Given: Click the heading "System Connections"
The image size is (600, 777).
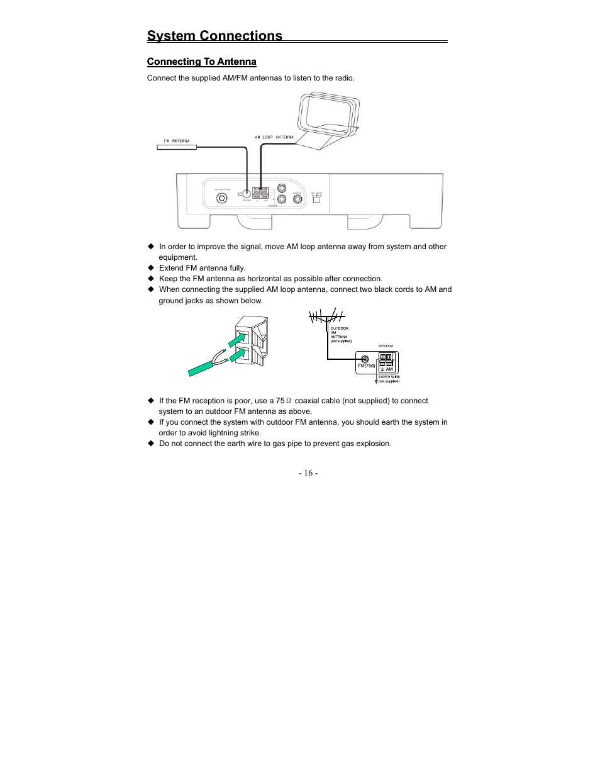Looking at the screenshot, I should pyautogui.click(x=214, y=36).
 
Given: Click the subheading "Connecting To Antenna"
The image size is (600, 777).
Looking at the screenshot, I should pyautogui.click(x=201, y=62).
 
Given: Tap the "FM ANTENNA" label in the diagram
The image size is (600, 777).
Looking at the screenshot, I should pyautogui.click(x=177, y=141).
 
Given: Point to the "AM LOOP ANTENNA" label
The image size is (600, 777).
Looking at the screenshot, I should pyautogui.click(x=274, y=137).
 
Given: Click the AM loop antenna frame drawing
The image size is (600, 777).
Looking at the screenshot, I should pyautogui.click(x=327, y=116).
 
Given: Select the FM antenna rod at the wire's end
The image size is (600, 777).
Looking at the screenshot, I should pyautogui.click(x=177, y=147).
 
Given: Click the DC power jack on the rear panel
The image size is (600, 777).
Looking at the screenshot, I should pyautogui.click(x=316, y=199).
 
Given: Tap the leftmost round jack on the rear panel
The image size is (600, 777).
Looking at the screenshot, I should pyautogui.click(x=221, y=198).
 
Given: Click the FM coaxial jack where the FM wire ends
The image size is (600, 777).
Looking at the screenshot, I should pyautogui.click(x=247, y=195).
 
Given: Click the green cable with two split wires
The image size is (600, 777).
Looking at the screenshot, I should pyautogui.click(x=204, y=367).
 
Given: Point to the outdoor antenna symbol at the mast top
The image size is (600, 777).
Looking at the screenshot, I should pyautogui.click(x=326, y=316).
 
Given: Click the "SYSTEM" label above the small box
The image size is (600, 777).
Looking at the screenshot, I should pyautogui.click(x=386, y=346).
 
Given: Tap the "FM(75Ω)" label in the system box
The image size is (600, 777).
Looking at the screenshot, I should pyautogui.click(x=367, y=366).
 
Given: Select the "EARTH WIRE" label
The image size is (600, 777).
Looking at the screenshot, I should pyautogui.click(x=389, y=377).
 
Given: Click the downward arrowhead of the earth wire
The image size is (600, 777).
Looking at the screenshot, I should pyautogui.click(x=376, y=381).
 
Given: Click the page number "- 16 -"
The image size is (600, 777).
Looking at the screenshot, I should pyautogui.click(x=308, y=473).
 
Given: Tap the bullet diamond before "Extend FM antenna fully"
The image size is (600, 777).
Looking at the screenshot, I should pyautogui.click(x=151, y=268).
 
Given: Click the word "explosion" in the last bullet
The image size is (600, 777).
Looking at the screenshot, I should pyautogui.click(x=373, y=444).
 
